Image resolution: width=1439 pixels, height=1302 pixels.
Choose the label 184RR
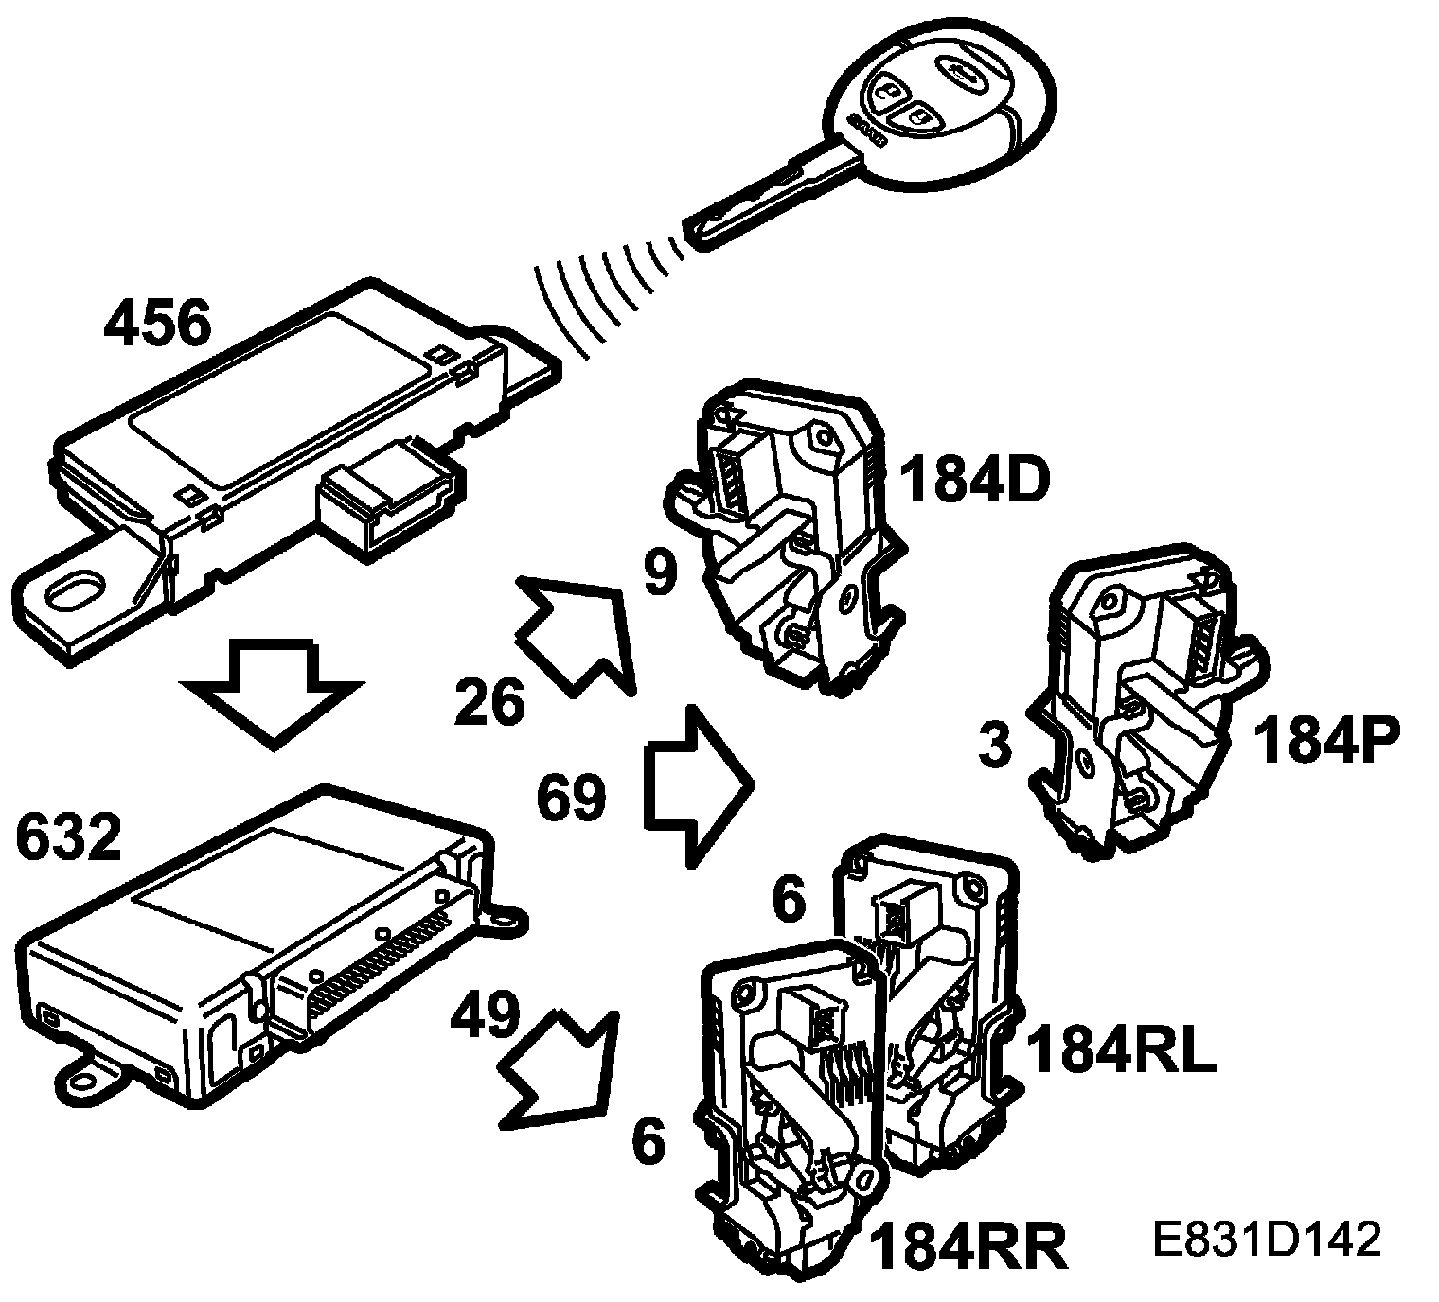point(968,1248)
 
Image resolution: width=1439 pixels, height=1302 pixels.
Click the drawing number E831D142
point(1268,1240)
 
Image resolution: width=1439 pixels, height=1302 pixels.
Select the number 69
point(571,797)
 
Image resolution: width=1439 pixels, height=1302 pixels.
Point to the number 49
point(485,1016)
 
